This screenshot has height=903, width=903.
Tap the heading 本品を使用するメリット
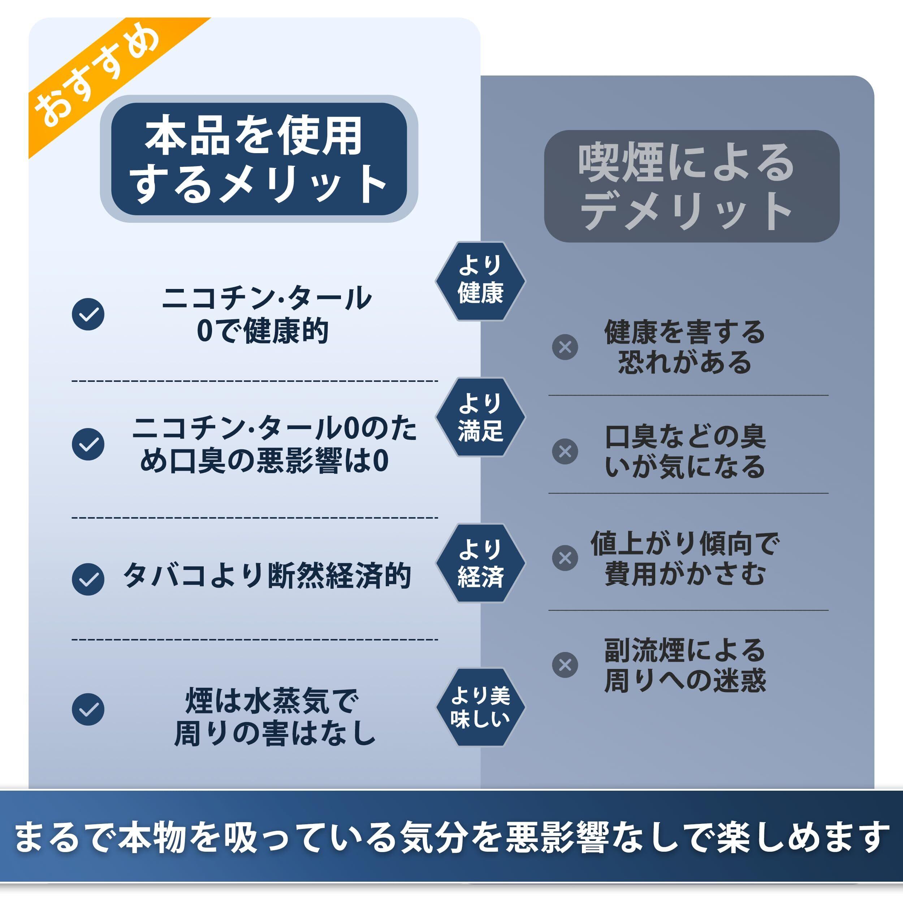pyautogui.click(x=259, y=159)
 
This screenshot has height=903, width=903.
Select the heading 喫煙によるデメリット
pyautogui.click(x=691, y=186)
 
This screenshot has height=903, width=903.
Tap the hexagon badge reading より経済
pyautogui.click(x=480, y=563)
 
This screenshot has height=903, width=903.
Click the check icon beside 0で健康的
pyautogui.click(x=88, y=314)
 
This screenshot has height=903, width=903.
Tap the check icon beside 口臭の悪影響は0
pyautogui.click(x=88, y=444)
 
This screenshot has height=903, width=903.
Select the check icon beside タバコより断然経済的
pyautogui.click(x=88, y=580)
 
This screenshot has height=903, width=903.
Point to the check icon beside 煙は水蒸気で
pyautogui.click(x=88, y=709)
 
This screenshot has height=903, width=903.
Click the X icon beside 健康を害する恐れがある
pyautogui.click(x=565, y=347)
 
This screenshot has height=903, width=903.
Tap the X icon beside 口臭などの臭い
pyautogui.click(x=565, y=451)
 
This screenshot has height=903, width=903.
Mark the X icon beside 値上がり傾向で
pyautogui.click(x=565, y=558)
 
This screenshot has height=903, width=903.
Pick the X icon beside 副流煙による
pyautogui.click(x=565, y=665)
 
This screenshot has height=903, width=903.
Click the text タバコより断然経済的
pyautogui.click(x=267, y=576)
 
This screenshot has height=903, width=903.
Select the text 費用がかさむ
pyautogui.click(x=685, y=574)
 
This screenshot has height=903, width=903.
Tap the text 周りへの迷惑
pyautogui.click(x=685, y=681)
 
